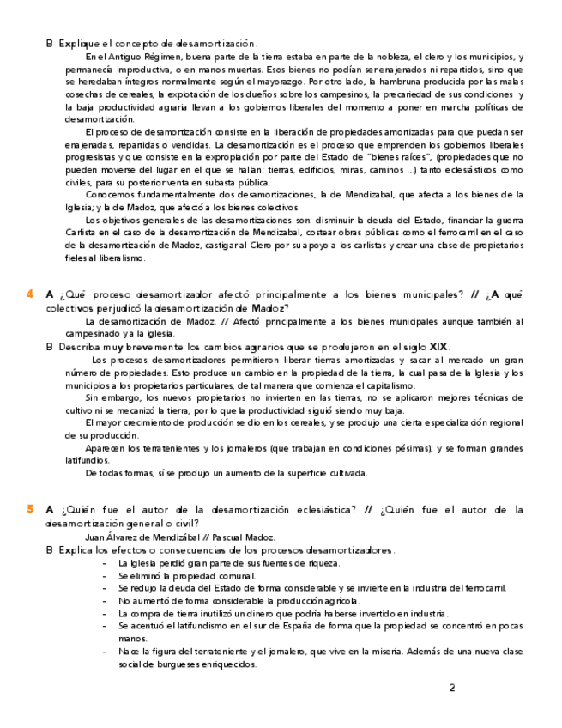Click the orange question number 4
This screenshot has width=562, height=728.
(x=30, y=294)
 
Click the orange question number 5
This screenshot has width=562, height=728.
(x=30, y=509)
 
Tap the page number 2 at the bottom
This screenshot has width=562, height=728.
(x=452, y=688)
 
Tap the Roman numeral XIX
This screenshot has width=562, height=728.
(x=438, y=347)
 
